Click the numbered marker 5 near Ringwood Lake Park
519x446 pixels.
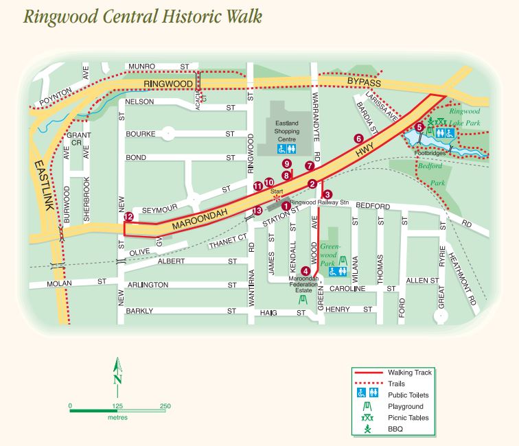pos(419,127)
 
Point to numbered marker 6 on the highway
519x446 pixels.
pos(358,138)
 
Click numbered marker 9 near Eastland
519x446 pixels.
pos(286,163)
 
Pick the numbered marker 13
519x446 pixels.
pos(257,211)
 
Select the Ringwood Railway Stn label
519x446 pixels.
pos(321,203)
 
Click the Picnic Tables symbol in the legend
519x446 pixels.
pos(367,418)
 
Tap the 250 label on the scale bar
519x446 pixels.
pos(165,406)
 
